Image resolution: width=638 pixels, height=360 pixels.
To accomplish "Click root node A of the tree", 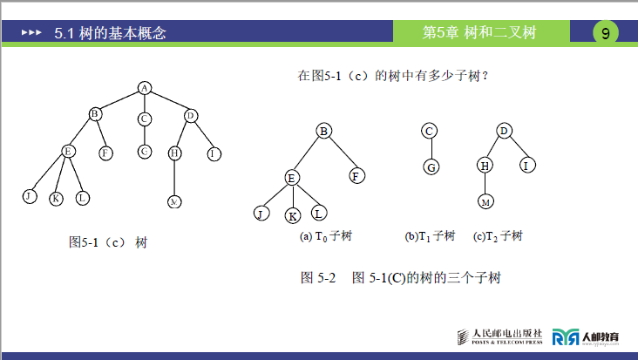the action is (x=145, y=87).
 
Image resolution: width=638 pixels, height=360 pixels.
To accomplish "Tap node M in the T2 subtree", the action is (x=485, y=202).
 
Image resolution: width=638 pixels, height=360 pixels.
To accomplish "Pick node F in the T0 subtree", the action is (x=356, y=175).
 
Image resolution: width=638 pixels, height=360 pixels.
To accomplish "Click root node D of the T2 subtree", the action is (x=503, y=131).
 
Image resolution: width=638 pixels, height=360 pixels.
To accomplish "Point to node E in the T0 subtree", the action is (x=292, y=178).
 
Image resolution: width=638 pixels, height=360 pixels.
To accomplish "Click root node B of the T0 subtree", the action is (x=323, y=131).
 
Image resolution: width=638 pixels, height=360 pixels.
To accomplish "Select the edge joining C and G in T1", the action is (x=429, y=149).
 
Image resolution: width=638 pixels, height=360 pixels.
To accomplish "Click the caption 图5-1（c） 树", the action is (x=107, y=241).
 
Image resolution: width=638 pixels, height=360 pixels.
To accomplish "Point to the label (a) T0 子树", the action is (x=326, y=236).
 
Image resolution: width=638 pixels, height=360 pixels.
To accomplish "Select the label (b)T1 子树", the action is (x=430, y=236).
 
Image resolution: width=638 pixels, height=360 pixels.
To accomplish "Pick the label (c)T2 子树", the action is (x=498, y=236).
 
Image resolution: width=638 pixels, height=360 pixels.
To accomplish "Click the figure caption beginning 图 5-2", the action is (x=400, y=278).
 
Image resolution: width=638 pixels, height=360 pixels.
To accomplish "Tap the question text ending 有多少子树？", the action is (x=392, y=76).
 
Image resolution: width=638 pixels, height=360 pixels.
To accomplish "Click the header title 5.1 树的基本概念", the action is (x=110, y=33).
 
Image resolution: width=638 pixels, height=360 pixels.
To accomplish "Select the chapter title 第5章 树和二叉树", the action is (x=478, y=33).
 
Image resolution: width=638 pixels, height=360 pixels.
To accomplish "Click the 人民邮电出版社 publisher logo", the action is (x=500, y=336).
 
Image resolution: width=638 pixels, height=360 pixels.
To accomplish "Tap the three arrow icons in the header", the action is (x=31, y=33).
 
